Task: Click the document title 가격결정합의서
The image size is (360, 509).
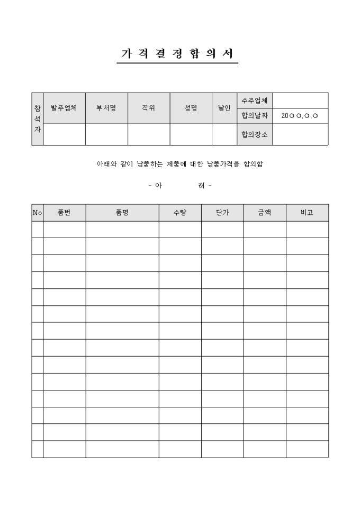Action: (x=177, y=54)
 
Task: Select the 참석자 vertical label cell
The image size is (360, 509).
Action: (x=37, y=119)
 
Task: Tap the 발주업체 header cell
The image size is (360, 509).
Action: (x=64, y=108)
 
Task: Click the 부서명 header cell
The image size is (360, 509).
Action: (x=106, y=108)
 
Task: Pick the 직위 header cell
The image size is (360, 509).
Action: (x=148, y=108)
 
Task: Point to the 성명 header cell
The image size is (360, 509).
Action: (x=191, y=108)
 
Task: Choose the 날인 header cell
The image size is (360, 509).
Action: (x=224, y=108)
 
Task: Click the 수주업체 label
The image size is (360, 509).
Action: (x=254, y=100)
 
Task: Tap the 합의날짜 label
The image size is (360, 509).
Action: (x=254, y=115)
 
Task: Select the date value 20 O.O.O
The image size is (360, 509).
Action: (x=300, y=115)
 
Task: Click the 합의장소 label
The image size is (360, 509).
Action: (x=254, y=134)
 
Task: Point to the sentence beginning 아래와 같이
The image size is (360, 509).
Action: (x=179, y=165)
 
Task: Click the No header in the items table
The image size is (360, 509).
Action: (x=37, y=213)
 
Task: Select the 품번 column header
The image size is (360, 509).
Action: (x=64, y=213)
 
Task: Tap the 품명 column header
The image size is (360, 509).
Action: (x=122, y=213)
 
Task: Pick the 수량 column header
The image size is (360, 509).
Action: (x=180, y=213)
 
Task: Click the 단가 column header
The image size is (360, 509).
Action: (x=222, y=213)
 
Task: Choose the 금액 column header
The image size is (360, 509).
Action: (x=265, y=213)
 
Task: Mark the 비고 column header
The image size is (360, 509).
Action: (x=307, y=213)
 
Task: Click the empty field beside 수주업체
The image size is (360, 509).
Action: (x=300, y=100)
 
